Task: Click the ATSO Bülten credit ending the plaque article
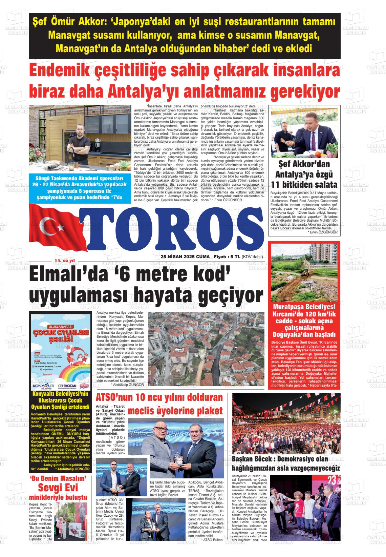(212, 540)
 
